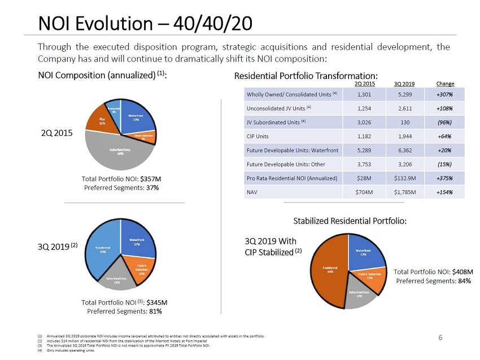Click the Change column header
(x=445, y=84)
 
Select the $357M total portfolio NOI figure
(x=152, y=179)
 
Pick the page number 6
(x=440, y=337)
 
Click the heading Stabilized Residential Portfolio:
(x=349, y=220)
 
